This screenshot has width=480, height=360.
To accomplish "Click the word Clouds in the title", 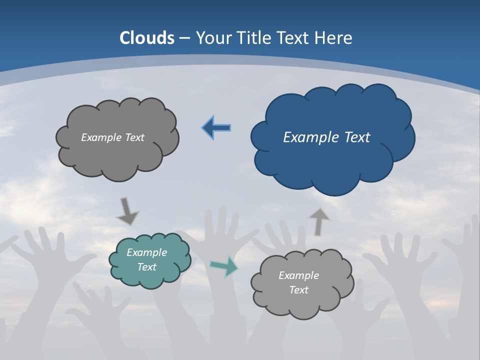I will [147, 38].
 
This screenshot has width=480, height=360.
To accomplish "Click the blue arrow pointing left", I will [216, 128].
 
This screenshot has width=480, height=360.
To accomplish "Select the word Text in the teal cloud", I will [146, 267].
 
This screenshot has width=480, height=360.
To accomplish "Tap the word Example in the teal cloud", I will [146, 252].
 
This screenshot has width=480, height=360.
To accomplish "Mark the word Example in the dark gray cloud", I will [99, 137].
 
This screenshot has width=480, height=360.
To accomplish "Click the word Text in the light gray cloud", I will [298, 290].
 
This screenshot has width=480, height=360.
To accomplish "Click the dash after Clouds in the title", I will [184, 38].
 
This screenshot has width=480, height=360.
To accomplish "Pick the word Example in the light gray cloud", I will [298, 275].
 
